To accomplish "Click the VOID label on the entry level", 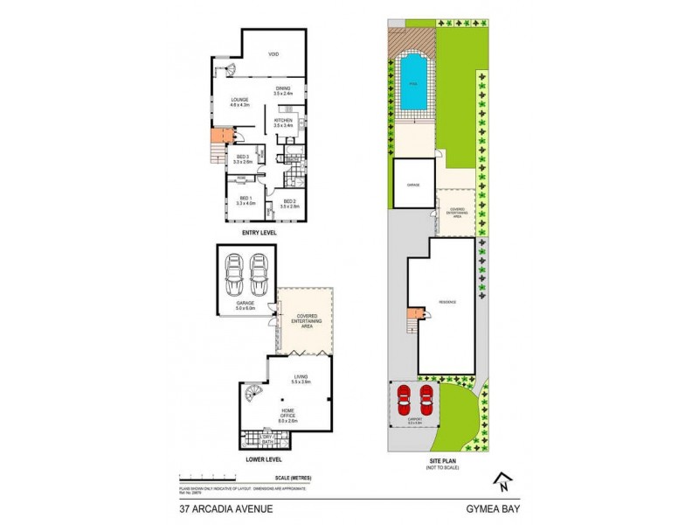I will click(273, 54).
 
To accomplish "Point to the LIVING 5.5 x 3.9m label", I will click(301, 381).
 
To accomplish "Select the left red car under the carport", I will click(404, 402).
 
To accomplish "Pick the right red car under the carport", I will click(426, 402).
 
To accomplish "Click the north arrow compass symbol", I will click(502, 480).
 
